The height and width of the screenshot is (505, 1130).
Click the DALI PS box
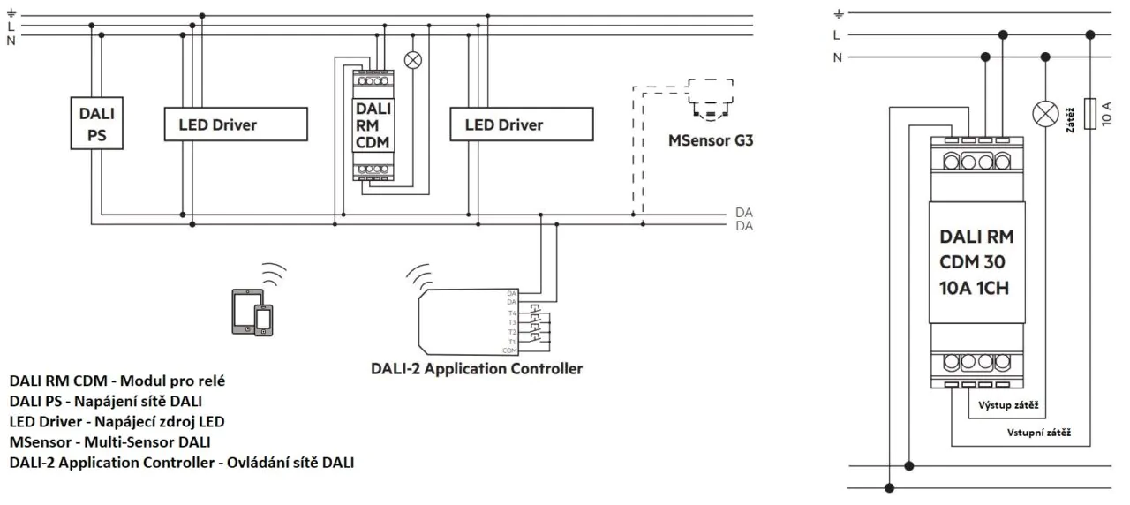pyautogui.click(x=97, y=124)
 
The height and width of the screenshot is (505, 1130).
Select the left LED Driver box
pyautogui.click(x=236, y=124)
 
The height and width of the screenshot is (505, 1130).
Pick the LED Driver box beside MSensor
pyautogui.click(x=521, y=124)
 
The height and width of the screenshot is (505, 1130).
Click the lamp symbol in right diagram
pyautogui.click(x=1045, y=113)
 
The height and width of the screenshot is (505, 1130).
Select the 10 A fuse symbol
pyautogui.click(x=1094, y=113)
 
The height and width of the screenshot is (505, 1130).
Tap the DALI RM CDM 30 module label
pyautogui.click(x=977, y=261)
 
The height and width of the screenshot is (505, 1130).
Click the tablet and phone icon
pyautogui.click(x=252, y=310)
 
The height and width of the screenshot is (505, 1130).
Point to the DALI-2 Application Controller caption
pyautogui.click(x=477, y=369)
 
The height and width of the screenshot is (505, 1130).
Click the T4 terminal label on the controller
pyautogui.click(x=511, y=313)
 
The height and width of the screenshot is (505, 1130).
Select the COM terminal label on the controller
pyautogui.click(x=510, y=350)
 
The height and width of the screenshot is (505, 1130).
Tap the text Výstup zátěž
pyautogui.click(x=1008, y=406)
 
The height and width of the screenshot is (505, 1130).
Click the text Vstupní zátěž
pyautogui.click(x=1039, y=433)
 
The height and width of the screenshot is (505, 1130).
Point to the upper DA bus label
pyautogui.click(x=743, y=214)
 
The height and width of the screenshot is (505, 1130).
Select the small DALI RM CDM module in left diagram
pyautogui.click(x=373, y=124)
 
